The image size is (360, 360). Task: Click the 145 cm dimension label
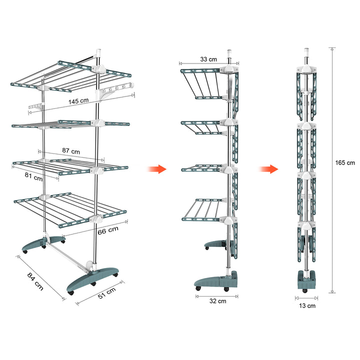pyautogui.click(x=78, y=101)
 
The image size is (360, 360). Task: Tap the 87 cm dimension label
pyautogui.click(x=71, y=151)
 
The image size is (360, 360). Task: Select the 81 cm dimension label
pyautogui.click(x=33, y=176)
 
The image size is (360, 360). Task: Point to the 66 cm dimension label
pyautogui.click(x=108, y=230)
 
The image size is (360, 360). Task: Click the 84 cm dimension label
pyautogui.click(x=35, y=281)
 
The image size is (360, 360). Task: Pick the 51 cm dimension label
pyautogui.click(x=107, y=293)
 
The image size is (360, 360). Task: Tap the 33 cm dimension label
pyautogui.click(x=208, y=59)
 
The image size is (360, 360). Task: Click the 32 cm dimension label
pyautogui.click(x=217, y=301)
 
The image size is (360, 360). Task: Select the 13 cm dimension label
pyautogui.click(x=307, y=306)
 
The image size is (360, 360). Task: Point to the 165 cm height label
pyautogui.click(x=345, y=163)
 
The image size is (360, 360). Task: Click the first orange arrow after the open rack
pyautogui.click(x=157, y=169)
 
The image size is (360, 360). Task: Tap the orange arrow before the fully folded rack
pyautogui.click(x=268, y=169)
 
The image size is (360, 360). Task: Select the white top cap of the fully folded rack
pyautogui.click(x=306, y=51)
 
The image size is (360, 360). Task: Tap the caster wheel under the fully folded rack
pyautogui.click(x=305, y=290)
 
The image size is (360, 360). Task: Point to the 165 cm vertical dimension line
pyautogui.click(x=332, y=170)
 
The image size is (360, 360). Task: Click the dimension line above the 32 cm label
pyautogui.click(x=216, y=296)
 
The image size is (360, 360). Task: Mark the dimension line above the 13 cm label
pyautogui.click(x=306, y=298)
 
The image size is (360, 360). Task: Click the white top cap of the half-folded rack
pyautogui.click(x=229, y=52)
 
